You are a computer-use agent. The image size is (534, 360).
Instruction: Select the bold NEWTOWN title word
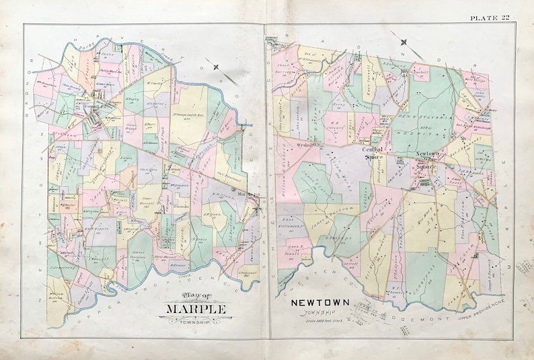point(319,303)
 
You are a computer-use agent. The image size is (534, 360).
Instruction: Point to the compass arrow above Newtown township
point(403,44)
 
